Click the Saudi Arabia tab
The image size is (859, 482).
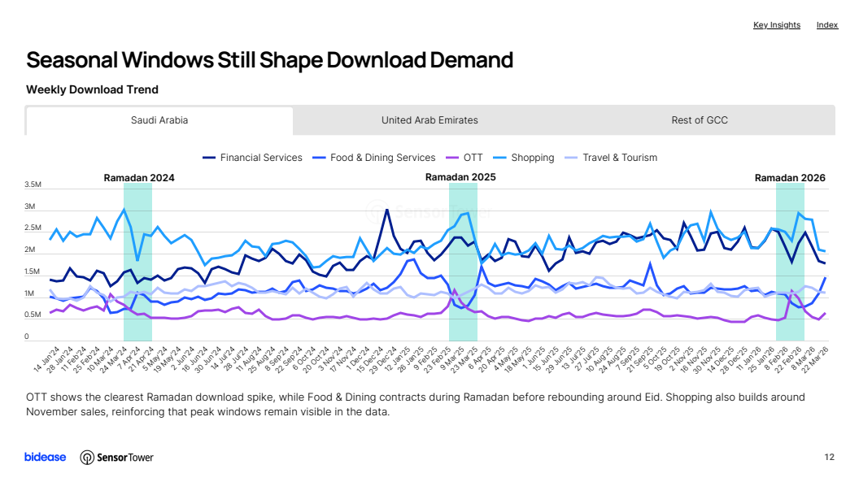[159, 120]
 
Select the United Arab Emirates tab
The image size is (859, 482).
[429, 120]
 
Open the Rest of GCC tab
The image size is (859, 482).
[700, 120]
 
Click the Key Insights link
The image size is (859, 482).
[776, 25]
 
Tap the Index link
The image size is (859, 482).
[827, 25]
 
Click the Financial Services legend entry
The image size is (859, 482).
[252, 158]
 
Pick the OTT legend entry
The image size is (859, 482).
[464, 158]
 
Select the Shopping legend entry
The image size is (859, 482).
[524, 158]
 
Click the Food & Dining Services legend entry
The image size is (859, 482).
[374, 158]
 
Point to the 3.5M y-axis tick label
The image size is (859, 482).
[33, 185]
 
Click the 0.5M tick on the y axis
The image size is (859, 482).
[33, 315]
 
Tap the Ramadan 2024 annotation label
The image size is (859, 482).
[139, 178]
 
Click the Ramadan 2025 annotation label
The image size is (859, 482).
[460, 176]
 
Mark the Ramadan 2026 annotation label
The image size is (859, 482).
[790, 178]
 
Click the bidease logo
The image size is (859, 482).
[46, 457]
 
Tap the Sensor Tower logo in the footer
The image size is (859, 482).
[116, 458]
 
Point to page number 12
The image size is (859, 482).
[830, 457]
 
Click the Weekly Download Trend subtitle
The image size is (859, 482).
[92, 89]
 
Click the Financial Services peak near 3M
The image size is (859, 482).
[386, 210]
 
